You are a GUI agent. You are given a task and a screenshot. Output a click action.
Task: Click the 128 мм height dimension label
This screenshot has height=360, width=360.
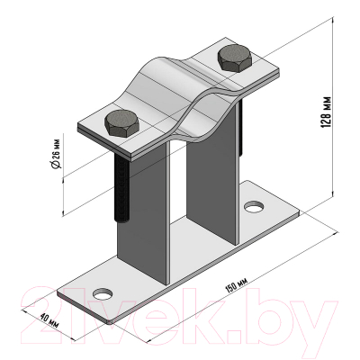coord(327,112)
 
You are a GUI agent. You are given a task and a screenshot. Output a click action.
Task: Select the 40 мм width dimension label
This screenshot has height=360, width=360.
coord(49,320)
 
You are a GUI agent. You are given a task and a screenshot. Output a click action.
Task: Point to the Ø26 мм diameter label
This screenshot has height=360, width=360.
coord(56,150)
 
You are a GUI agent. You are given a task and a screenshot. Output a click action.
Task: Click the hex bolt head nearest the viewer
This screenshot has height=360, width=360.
coord(121,123)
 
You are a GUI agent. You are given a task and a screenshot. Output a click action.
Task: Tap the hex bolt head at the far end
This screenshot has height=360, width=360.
coord(234,58)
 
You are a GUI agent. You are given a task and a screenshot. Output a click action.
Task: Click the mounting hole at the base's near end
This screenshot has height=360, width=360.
coord(103,293)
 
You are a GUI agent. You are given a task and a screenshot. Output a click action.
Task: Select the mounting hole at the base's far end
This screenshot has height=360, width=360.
coord(254,207)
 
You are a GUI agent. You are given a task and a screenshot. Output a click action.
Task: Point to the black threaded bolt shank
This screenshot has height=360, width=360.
coord(121,188)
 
